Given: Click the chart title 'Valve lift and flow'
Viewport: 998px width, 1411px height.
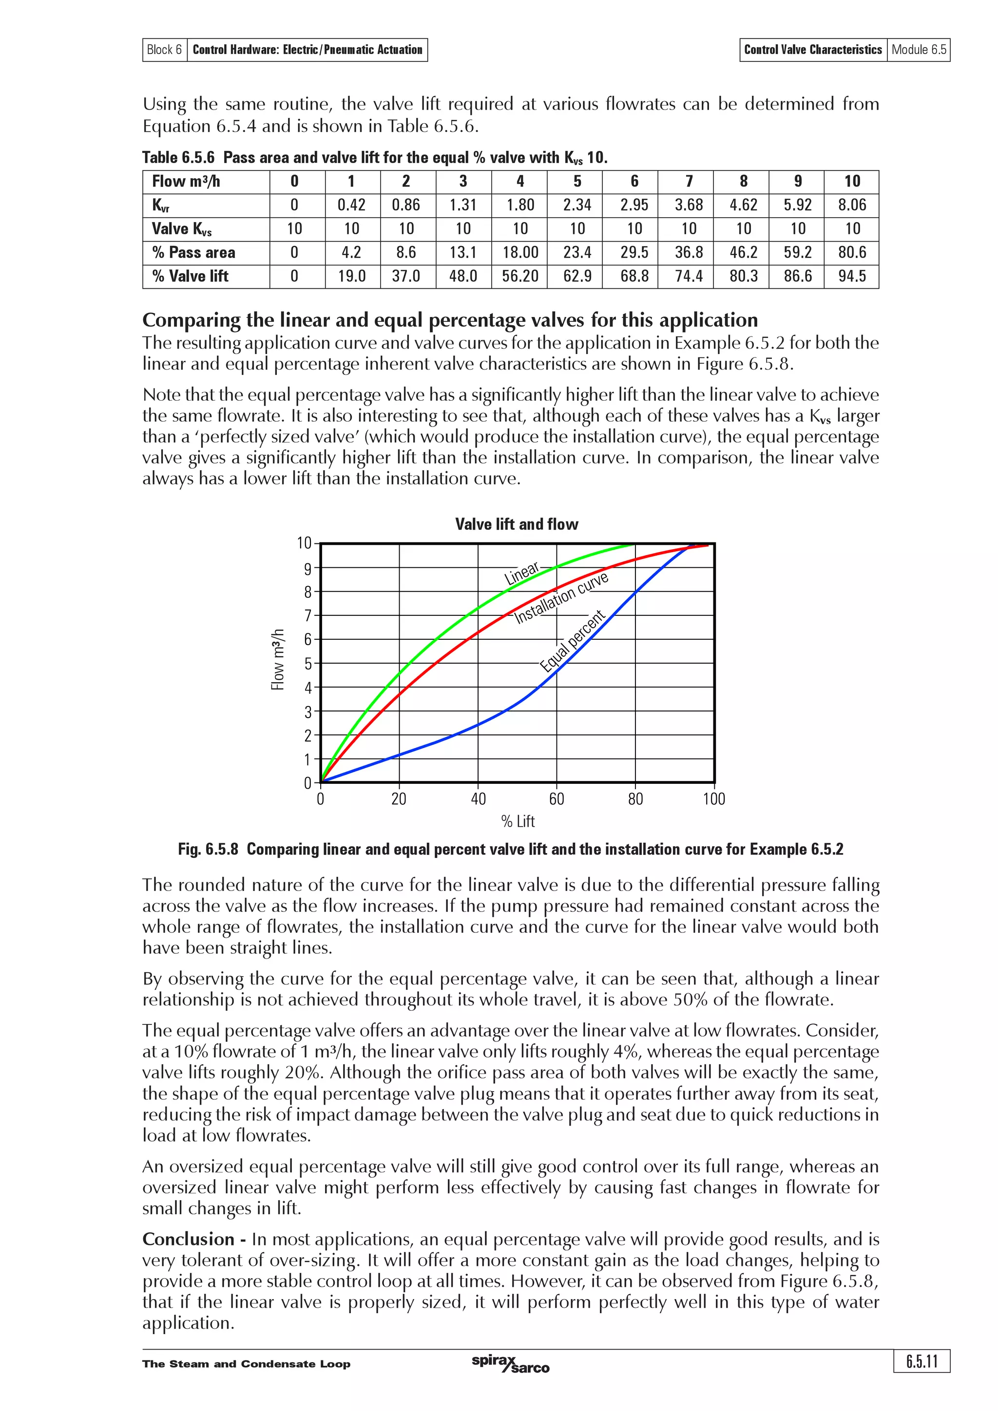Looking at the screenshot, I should [x=517, y=524].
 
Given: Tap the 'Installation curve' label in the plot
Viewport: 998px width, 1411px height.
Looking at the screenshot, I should [x=561, y=597].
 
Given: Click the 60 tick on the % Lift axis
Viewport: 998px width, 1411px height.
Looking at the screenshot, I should [x=557, y=799].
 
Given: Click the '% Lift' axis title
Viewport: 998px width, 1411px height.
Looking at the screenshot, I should [x=517, y=822].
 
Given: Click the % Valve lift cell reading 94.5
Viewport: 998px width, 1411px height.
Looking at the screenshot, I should [x=852, y=277].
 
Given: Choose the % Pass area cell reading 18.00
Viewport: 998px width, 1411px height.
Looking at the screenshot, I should [x=519, y=253].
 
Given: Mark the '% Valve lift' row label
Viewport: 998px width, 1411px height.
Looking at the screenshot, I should [x=190, y=277].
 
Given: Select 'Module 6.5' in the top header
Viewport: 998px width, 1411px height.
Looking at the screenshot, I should [x=919, y=50].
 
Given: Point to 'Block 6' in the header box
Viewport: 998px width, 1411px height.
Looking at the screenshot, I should [x=164, y=50].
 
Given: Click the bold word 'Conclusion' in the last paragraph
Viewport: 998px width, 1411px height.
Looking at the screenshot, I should [x=188, y=1239].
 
